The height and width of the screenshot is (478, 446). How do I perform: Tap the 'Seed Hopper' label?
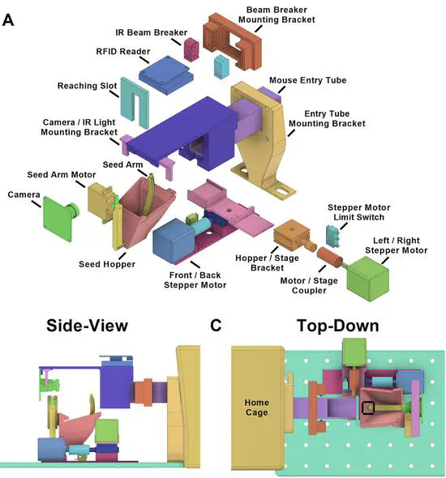point(108,263)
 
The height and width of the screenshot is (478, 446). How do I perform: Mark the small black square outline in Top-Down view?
point(368,407)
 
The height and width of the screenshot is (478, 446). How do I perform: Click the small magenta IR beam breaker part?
point(192,49)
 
